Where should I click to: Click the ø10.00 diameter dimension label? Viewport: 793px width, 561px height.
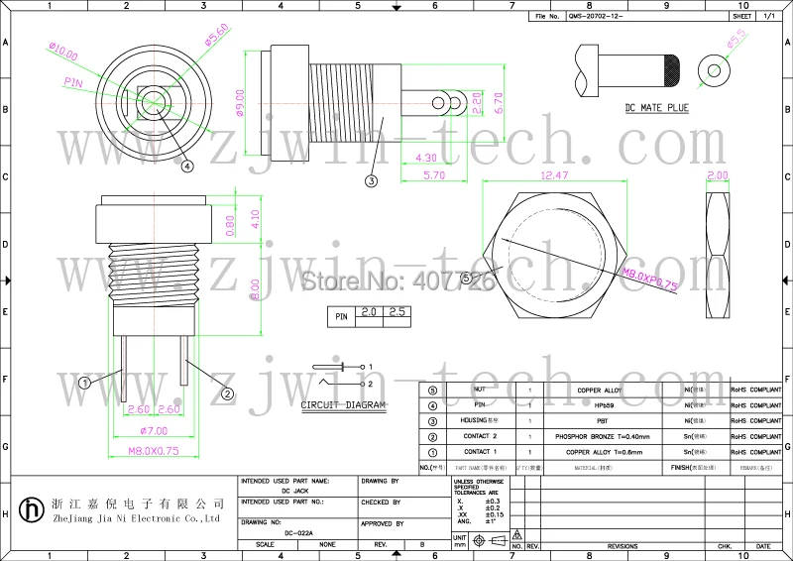click(61, 50)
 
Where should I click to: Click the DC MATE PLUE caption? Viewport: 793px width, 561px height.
click(656, 106)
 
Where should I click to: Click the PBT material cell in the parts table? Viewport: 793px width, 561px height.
click(602, 420)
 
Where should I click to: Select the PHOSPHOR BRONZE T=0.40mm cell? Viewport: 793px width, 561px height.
click(602, 436)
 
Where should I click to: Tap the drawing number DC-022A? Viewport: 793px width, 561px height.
click(297, 533)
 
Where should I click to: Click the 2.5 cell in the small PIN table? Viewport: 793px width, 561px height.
click(397, 313)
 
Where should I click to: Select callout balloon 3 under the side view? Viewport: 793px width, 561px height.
click(371, 181)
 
